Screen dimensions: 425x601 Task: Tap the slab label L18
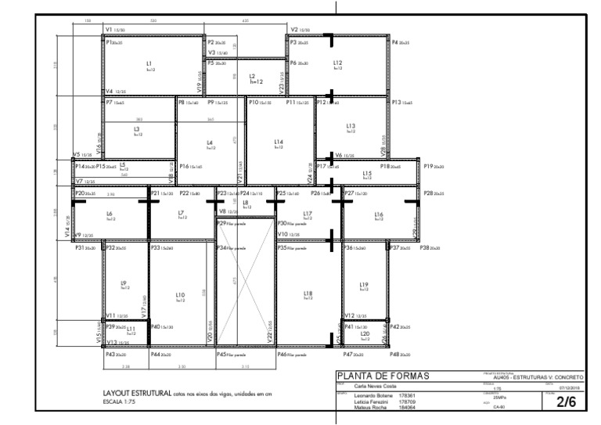(x=308, y=293)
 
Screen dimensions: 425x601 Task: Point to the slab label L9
(x=123, y=283)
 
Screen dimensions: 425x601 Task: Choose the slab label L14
(x=278, y=142)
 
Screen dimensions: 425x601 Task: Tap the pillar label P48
(x=394, y=355)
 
